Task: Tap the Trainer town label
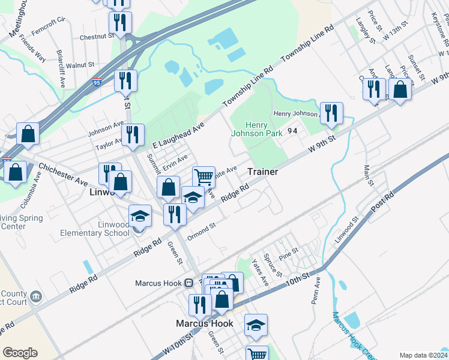tap(263, 172)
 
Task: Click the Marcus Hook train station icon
tap(188, 283)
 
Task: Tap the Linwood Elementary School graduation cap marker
tap(140, 215)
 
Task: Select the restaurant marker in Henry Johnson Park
tap(331, 112)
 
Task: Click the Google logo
tap(20, 352)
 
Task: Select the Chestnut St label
tap(97, 36)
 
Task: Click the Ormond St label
tap(201, 230)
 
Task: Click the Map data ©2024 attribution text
tap(423, 355)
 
